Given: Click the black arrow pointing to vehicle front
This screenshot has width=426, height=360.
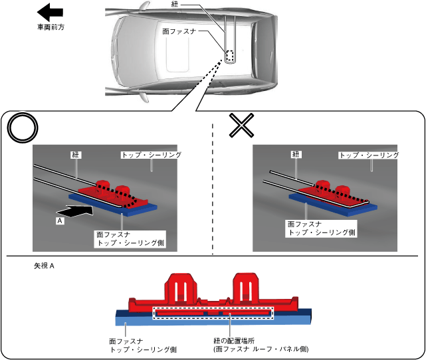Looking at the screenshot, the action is point(50,12).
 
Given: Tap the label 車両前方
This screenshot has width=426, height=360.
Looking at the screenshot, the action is point(51,27).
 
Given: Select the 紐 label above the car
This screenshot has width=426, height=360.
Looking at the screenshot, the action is point(174,4).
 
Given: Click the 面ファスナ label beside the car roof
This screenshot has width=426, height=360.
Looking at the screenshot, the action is point(179,31).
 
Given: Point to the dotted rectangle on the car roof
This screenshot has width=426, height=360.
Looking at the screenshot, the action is point(230,56).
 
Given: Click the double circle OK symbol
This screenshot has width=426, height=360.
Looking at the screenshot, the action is point(23,128).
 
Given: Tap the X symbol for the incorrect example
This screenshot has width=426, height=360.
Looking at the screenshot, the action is point(241,125).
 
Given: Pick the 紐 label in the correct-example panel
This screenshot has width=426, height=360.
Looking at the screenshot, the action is point(75,155).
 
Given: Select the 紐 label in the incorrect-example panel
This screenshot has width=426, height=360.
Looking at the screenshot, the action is point(296,155).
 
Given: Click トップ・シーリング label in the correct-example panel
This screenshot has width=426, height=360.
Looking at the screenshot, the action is point(152,155).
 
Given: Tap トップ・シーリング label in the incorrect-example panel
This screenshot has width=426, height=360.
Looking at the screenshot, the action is point(369,155).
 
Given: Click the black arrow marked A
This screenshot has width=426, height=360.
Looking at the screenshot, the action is point(74,211).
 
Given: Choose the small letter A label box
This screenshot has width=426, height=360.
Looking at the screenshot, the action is point(60,221).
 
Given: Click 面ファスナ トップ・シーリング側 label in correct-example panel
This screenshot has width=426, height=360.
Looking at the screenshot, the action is point(130,239).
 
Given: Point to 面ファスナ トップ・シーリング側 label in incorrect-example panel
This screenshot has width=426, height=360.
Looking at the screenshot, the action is point(321,228).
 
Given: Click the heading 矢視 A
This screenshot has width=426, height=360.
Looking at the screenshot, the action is point(44,266).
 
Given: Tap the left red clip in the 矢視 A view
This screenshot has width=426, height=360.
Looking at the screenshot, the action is point(181,288).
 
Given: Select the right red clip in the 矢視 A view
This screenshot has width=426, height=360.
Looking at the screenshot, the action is point(246,288).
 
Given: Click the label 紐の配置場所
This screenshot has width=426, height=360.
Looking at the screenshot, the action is point(234,341).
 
